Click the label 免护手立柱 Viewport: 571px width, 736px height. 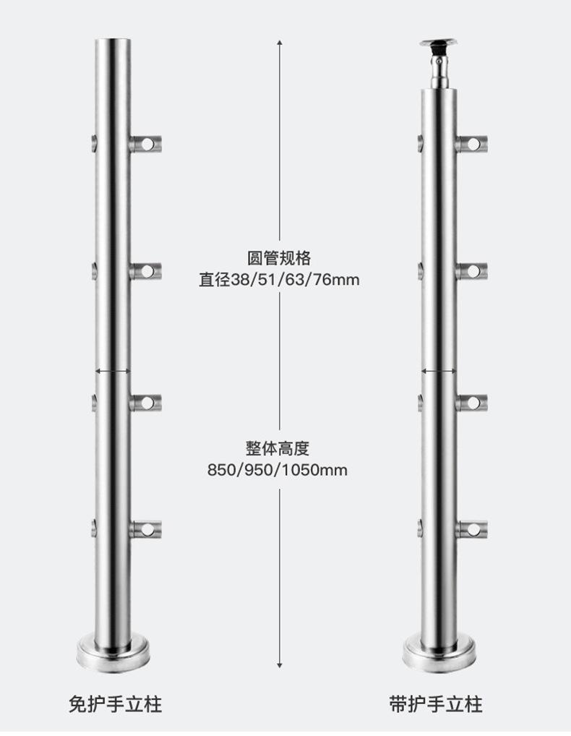tap(116, 705)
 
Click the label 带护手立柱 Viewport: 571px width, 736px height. tap(436, 705)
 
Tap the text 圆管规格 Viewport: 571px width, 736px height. tap(279, 258)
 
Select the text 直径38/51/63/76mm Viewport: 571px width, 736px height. tap(279, 280)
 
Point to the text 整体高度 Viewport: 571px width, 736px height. tap(278, 448)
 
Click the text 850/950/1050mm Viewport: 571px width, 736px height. tap(278, 470)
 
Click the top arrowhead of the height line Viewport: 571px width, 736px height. tap(280, 42)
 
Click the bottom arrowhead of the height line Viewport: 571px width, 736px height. tap(280, 664)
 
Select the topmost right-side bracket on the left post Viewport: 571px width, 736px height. tap(145, 144)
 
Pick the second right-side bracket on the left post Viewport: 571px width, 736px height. tap(145, 271)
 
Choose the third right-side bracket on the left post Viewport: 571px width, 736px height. tap(145, 403)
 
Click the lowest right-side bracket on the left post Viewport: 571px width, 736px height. tap(145, 529)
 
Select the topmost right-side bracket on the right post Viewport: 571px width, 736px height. tap(471, 144)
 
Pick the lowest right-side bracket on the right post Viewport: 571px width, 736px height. tap(471, 529)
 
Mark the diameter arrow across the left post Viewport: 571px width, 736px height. tap(113, 372)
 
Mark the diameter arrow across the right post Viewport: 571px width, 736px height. tap(439, 372)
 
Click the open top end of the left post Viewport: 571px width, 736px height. tap(113, 41)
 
